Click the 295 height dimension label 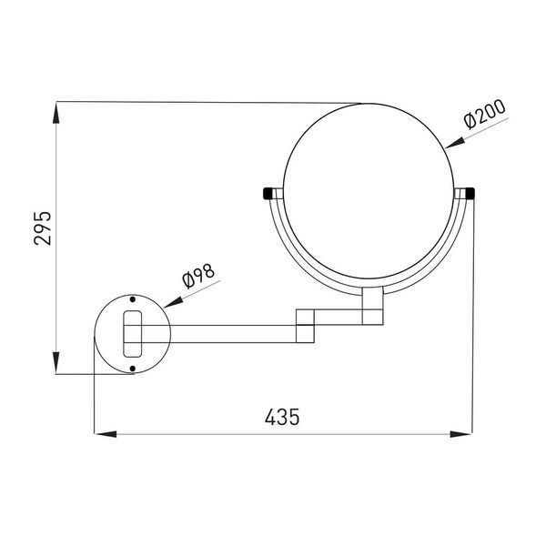pos(43,228)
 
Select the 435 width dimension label pos(282,417)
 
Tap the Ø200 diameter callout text pos(484,114)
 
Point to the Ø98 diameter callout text pos(198,276)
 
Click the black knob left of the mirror pos(267,193)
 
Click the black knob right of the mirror pos(470,193)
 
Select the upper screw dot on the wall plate pos(132,299)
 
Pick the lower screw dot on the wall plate pos(132,369)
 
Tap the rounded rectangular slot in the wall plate pos(133,334)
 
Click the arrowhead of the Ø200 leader pos(455,143)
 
